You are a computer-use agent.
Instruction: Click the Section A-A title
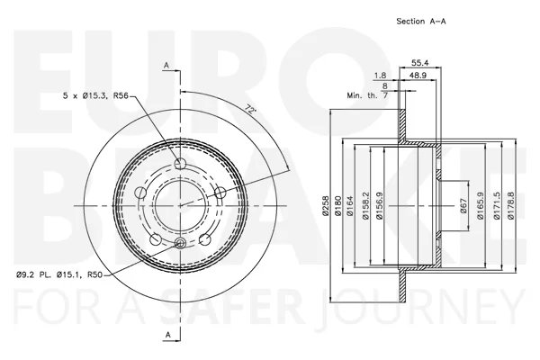[x=421, y=22]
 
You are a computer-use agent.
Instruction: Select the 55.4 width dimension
[x=420, y=63]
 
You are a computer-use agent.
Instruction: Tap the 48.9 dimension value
[x=418, y=75]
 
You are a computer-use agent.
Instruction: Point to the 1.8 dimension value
[x=380, y=75]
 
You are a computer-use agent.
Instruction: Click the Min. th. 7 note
[x=367, y=95]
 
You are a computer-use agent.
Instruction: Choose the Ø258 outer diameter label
[x=326, y=206]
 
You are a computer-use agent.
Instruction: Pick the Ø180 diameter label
[x=337, y=206]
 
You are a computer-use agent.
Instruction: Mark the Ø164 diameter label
[x=350, y=206]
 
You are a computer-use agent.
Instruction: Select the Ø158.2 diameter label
[x=365, y=206]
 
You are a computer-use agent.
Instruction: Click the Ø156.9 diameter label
[x=379, y=206]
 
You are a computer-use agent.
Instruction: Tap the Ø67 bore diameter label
[x=463, y=206]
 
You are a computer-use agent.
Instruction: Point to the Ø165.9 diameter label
[x=481, y=206]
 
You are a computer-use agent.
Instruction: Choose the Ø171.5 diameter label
[x=496, y=206]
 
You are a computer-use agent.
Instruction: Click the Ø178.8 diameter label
[x=510, y=206]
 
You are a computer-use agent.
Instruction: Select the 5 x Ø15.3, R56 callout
[x=95, y=95]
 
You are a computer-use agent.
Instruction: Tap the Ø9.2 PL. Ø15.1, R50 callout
[x=59, y=274]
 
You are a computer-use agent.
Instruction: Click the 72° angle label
[x=251, y=110]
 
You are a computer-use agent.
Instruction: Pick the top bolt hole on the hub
[x=180, y=164]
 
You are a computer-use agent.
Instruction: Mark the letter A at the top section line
[x=166, y=65]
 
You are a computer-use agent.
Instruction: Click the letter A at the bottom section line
[x=167, y=335]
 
